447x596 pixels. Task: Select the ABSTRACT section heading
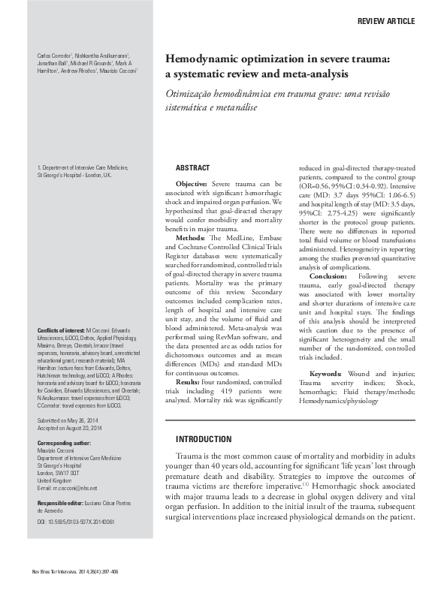click(192, 167)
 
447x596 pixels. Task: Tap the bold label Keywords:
click(330, 373)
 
